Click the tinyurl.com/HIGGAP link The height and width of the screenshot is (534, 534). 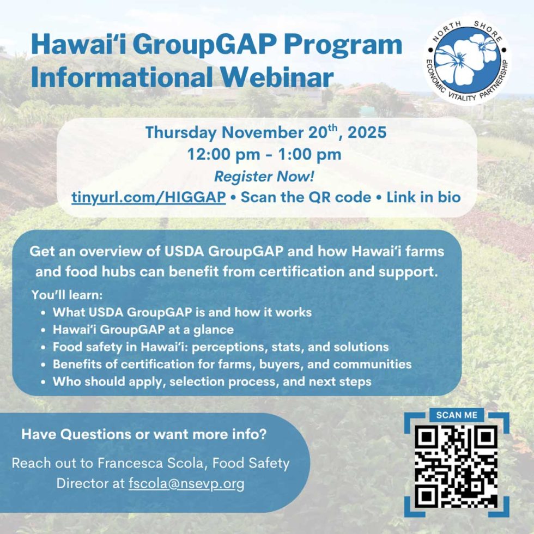(148, 197)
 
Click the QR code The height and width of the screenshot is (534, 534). (457, 468)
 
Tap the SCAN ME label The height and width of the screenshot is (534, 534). (457, 415)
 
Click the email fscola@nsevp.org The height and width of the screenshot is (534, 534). (186, 483)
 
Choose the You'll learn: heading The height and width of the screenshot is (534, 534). (67, 296)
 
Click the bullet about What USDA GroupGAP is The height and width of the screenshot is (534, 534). (182, 313)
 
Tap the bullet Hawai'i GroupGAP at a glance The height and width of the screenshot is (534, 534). (143, 330)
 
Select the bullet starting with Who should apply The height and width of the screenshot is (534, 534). (212, 381)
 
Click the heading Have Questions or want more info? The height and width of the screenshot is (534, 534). (144, 435)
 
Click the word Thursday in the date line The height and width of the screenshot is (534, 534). (180, 132)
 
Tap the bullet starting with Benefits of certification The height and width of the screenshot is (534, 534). (232, 364)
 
